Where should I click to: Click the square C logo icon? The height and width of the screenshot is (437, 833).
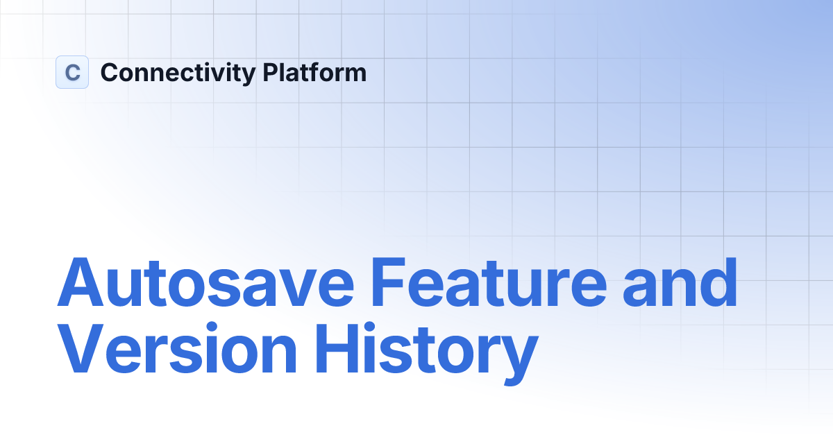click(x=72, y=72)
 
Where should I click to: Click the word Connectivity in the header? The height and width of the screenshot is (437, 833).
click(x=178, y=73)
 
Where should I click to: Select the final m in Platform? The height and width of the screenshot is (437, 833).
click(x=355, y=75)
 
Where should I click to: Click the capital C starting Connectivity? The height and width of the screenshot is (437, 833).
click(x=110, y=72)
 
